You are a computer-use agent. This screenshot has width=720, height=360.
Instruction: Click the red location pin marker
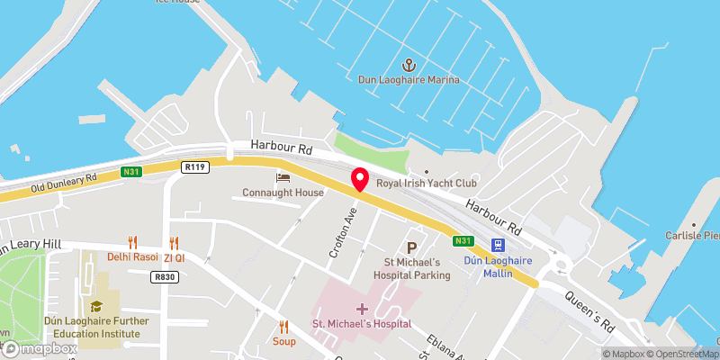360,178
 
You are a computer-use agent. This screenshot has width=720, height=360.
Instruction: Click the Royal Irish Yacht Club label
427,184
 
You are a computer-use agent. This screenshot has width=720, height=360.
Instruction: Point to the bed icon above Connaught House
283,177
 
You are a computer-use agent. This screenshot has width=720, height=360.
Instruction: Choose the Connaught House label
283,193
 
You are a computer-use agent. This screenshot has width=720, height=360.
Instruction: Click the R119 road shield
194,166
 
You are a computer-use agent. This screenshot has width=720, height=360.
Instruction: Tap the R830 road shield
164,278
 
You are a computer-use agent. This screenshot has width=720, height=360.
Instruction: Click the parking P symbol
412,247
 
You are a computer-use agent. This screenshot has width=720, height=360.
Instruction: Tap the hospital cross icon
362,309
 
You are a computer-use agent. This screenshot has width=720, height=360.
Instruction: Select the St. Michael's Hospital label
362,324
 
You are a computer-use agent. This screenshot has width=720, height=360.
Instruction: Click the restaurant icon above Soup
283,327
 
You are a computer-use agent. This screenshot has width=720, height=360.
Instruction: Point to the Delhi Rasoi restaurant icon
132,241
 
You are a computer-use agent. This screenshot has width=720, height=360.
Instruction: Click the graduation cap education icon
96,307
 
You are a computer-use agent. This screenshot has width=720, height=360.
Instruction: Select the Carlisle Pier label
698,236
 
